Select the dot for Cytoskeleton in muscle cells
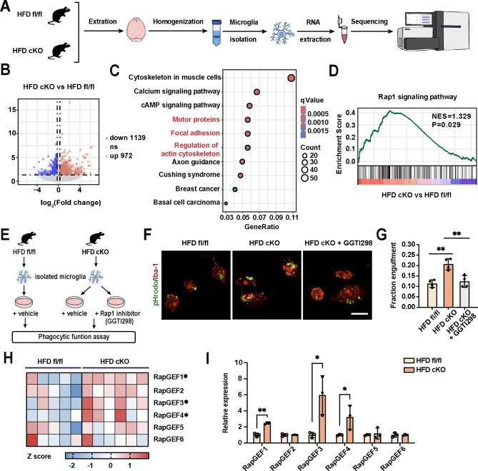click(x=291, y=78)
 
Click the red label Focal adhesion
click(x=215, y=133)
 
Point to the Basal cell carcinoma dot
click(x=226, y=203)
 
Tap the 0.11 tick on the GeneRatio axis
click(x=292, y=216)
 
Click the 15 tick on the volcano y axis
click(x=25, y=108)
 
